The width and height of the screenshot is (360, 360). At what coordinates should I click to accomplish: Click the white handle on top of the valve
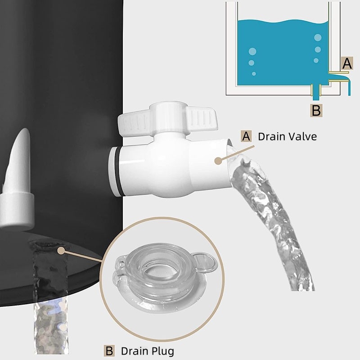167,119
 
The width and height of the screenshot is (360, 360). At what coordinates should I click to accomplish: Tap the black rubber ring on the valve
119,171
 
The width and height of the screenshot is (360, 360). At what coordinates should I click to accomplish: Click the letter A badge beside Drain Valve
246,136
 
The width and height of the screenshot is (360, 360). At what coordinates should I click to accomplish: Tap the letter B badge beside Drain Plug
109,351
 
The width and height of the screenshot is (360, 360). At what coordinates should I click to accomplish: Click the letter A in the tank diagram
347,63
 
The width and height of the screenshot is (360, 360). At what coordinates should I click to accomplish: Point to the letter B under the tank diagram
316,110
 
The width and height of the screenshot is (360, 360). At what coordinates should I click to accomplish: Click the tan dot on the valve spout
218,161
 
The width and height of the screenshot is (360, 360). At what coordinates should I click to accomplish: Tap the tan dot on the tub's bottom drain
61,251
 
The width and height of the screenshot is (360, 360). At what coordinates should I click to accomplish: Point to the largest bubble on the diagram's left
252,51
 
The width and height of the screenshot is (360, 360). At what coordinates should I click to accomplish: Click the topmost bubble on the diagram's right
318,37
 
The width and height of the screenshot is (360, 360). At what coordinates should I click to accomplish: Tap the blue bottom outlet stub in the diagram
316,93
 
